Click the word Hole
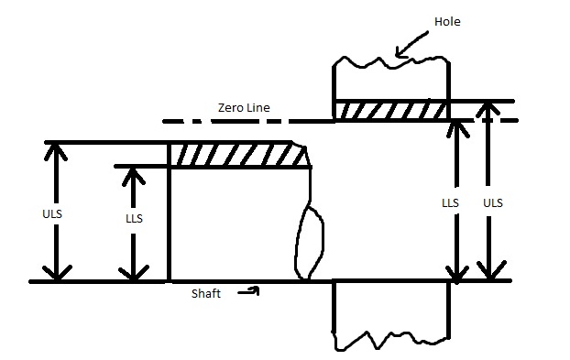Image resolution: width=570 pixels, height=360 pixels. pyautogui.click(x=450, y=21)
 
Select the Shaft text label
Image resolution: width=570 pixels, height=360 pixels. pyautogui.click(x=206, y=293)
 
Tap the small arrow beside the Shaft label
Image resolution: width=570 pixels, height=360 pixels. pyautogui.click(x=249, y=291)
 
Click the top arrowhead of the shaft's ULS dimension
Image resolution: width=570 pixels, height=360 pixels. pyautogui.click(x=57, y=149)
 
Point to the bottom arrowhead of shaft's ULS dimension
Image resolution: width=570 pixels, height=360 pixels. pyautogui.click(x=57, y=273)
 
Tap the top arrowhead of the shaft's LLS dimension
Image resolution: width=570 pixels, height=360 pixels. pyautogui.click(x=135, y=173)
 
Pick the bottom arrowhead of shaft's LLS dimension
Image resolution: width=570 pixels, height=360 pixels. pyautogui.click(x=135, y=273)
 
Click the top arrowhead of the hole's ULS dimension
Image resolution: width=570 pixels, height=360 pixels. pyautogui.click(x=492, y=108)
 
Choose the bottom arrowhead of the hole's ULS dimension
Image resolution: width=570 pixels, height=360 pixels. pyautogui.click(x=492, y=273)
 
